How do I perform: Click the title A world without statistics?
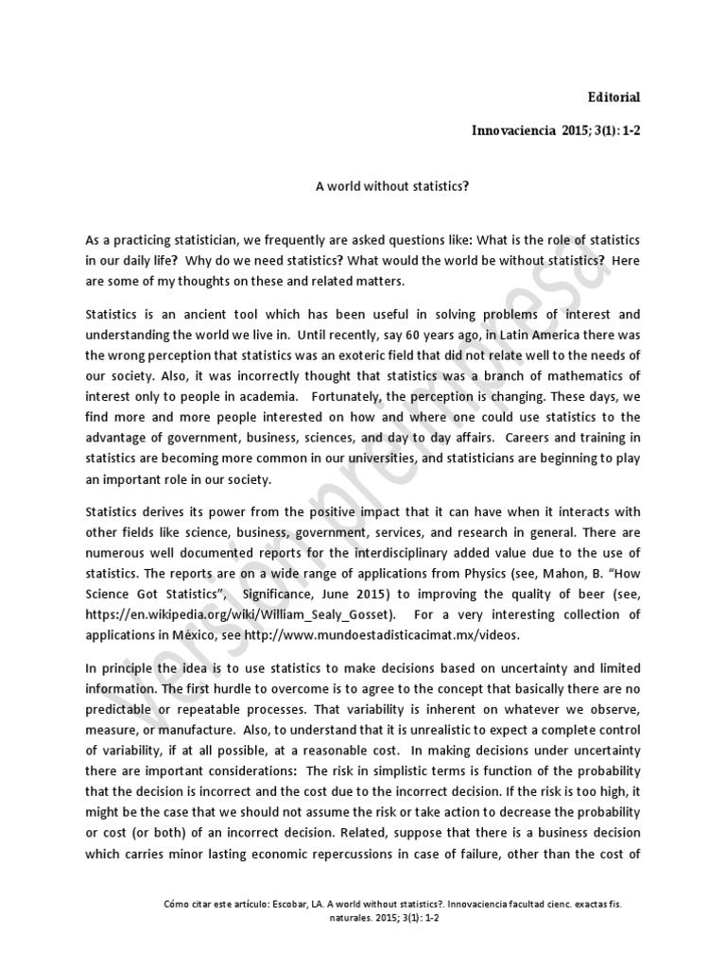click(x=392, y=186)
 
